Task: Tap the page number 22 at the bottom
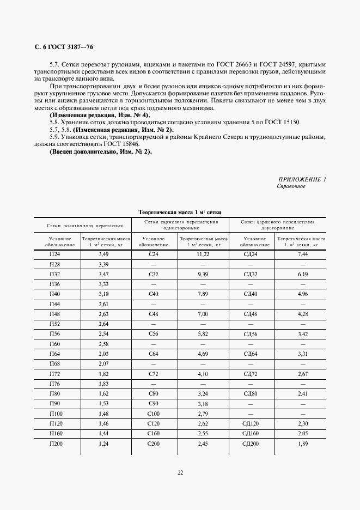click(x=180, y=472)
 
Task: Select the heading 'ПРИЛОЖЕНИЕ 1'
click(x=302, y=179)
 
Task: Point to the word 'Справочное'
click(x=291, y=186)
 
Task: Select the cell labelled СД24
click(x=251, y=254)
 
